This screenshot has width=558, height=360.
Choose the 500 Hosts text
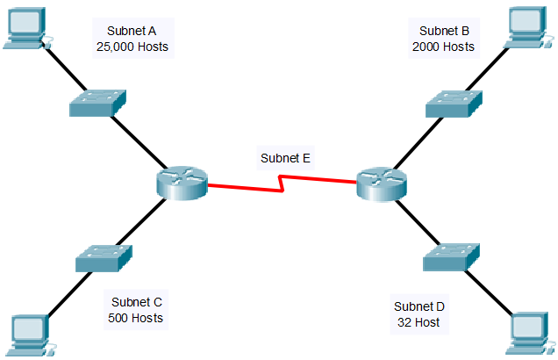click(134, 318)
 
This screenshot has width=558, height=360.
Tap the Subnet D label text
click(418, 306)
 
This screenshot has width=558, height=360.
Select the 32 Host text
click(418, 323)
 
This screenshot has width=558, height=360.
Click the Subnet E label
click(285, 159)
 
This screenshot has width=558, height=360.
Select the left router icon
click(182, 183)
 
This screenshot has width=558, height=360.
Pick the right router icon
click(383, 183)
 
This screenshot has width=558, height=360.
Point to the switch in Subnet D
click(452, 256)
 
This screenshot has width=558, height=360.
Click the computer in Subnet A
click(25, 26)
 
